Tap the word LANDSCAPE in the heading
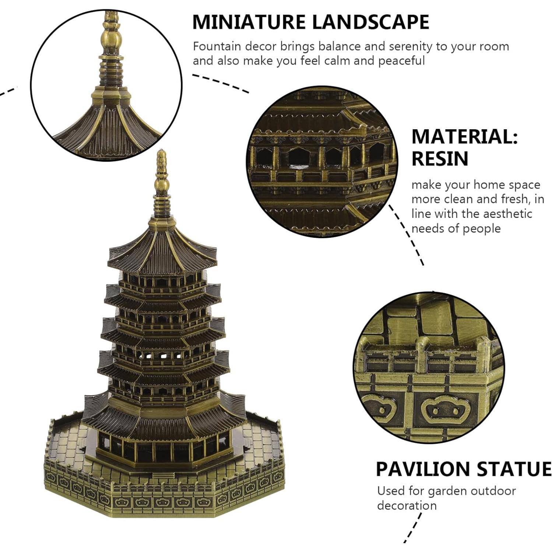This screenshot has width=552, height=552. (x=370, y=22)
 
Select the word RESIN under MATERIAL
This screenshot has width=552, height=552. (x=440, y=159)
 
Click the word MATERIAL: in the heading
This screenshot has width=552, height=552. (x=464, y=137)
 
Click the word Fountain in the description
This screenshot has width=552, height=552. (x=217, y=47)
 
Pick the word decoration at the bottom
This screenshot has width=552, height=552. (x=407, y=506)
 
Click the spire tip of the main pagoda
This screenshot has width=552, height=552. (x=161, y=155)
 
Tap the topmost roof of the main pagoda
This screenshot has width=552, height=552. (x=162, y=247)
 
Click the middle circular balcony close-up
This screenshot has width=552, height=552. (x=322, y=162)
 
